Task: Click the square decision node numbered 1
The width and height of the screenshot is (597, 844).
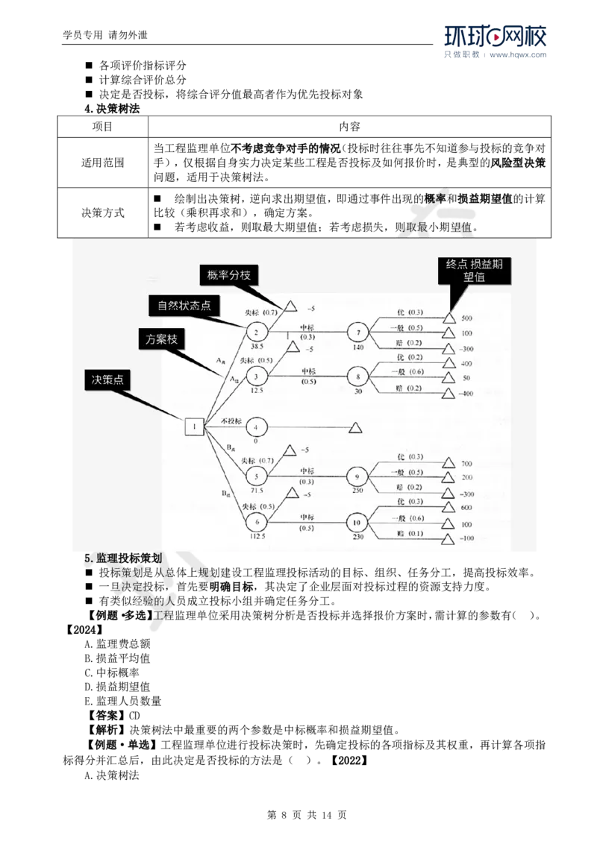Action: point(194,426)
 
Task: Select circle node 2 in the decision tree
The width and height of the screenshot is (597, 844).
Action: point(255,333)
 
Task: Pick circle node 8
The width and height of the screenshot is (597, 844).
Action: point(357,377)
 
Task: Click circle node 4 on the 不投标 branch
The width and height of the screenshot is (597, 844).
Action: point(255,426)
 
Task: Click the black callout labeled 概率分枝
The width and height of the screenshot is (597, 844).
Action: point(229,275)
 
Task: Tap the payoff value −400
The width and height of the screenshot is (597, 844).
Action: point(467,394)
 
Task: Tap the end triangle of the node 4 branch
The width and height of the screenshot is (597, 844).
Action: point(355,427)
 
